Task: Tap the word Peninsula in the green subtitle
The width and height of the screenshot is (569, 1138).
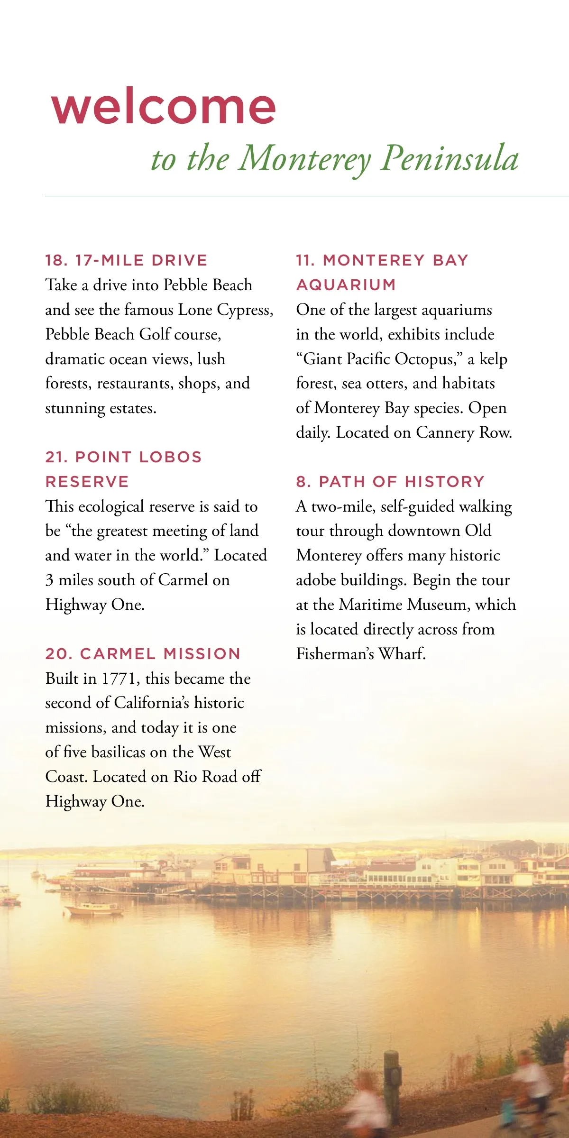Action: (x=450, y=158)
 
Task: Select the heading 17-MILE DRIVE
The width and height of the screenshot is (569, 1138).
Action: (x=141, y=260)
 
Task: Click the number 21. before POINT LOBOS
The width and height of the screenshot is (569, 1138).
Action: (x=57, y=457)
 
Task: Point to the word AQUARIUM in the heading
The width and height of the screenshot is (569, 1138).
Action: (x=346, y=285)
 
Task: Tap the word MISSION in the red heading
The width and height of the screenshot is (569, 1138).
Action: (x=202, y=654)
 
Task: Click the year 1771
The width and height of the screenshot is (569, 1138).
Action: (x=120, y=679)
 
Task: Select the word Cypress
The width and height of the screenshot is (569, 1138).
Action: (x=244, y=310)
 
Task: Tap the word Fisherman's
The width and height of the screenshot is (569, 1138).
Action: (x=335, y=654)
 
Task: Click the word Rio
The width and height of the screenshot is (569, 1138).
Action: (x=185, y=777)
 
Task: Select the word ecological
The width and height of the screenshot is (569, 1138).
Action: (x=111, y=506)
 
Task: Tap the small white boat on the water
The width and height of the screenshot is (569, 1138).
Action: (x=95, y=908)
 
